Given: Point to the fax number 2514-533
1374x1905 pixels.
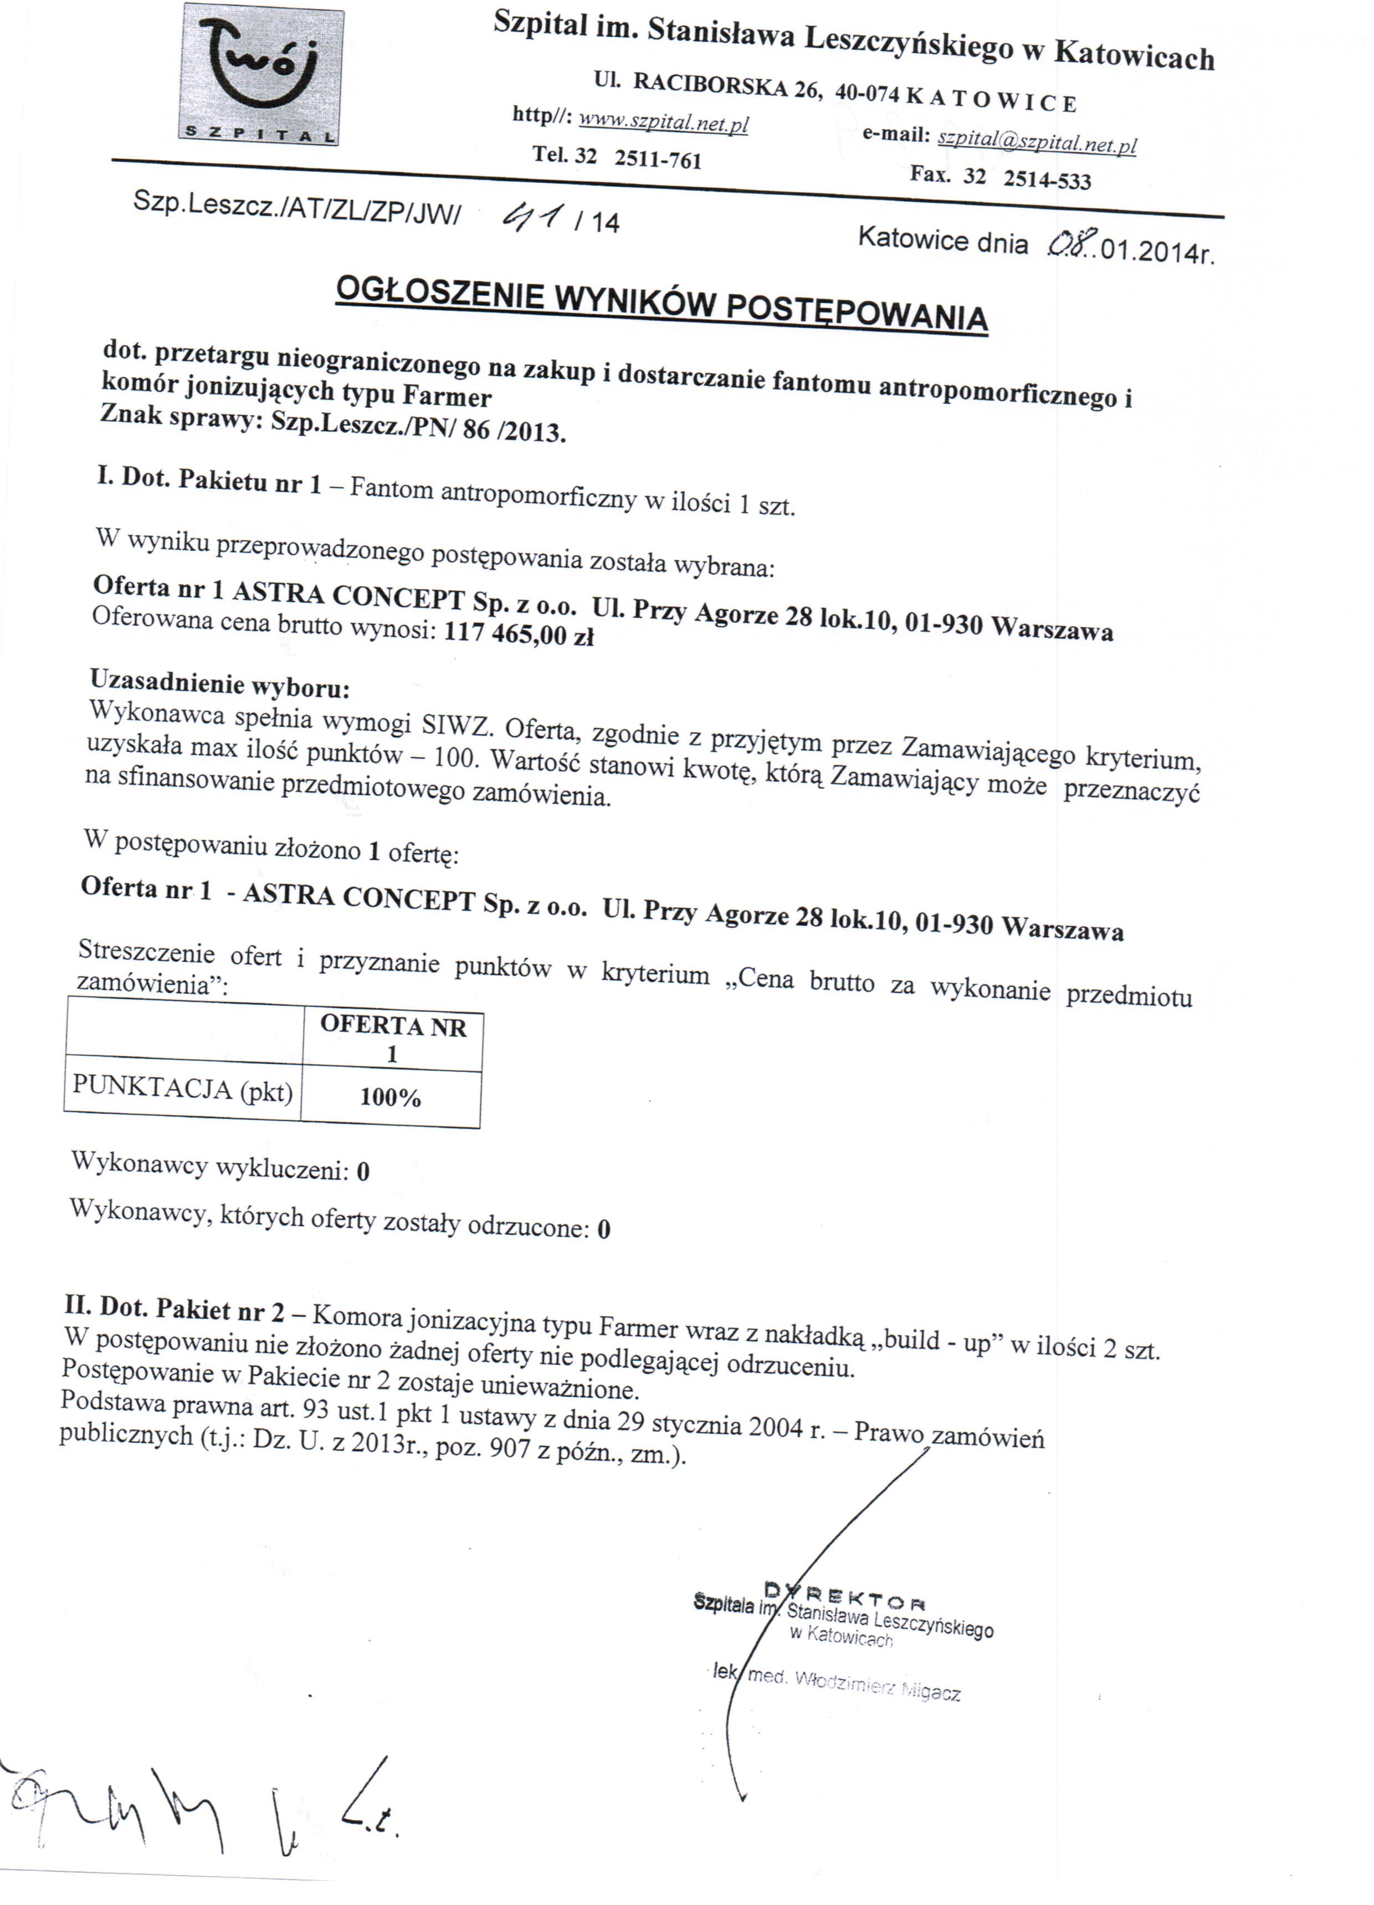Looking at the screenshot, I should (x=1047, y=180).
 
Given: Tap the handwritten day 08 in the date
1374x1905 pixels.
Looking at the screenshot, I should (x=1068, y=246).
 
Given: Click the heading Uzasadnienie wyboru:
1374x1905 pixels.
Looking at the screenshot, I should (x=219, y=683).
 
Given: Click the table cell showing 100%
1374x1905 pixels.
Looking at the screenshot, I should (x=391, y=1097).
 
